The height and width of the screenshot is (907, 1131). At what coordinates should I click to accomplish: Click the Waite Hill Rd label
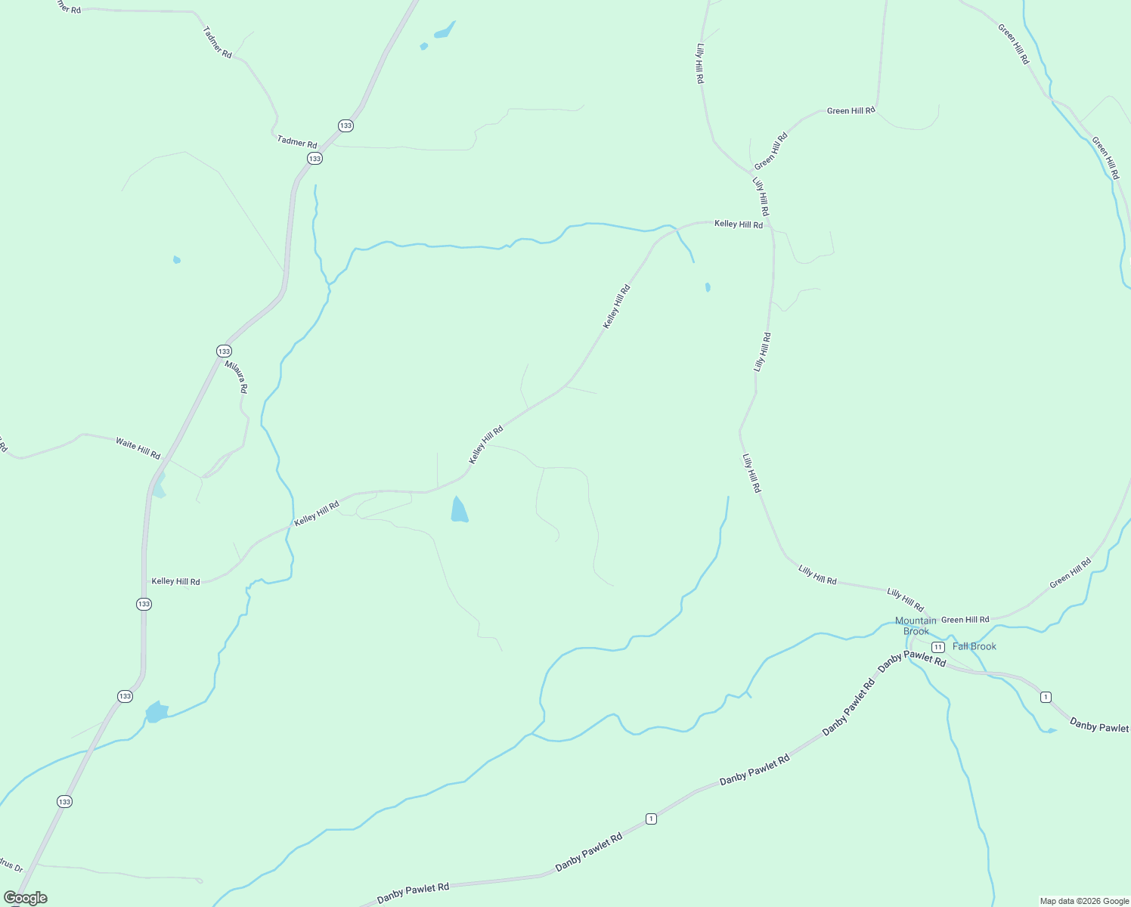coord(138,447)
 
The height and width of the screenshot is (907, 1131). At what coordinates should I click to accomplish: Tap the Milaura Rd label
coord(236,376)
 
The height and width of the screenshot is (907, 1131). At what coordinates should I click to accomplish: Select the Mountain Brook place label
coord(916,626)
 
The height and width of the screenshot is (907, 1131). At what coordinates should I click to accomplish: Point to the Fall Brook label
coord(975,646)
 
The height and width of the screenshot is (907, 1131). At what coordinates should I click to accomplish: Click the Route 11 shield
coord(937,647)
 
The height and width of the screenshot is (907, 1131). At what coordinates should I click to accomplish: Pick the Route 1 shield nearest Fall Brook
coord(1046,697)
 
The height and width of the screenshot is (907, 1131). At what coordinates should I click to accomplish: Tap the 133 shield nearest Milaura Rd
coord(224,351)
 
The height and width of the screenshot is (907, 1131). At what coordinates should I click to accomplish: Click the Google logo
coord(25,898)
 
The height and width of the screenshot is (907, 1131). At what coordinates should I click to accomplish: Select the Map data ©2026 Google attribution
coord(1083,901)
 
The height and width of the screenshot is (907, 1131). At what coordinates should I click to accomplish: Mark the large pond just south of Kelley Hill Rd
coord(459,511)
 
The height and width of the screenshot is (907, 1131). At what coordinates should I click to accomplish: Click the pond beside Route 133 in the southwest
coord(156,712)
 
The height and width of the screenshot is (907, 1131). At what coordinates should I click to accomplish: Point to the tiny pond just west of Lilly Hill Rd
coord(708,287)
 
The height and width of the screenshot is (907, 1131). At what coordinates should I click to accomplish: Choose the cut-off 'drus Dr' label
coord(12,865)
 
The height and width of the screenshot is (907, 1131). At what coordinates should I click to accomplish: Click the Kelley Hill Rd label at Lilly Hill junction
coord(739,224)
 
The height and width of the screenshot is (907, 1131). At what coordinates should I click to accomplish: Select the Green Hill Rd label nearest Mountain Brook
coord(965,620)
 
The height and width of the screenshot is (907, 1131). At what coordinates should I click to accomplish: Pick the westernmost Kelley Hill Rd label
coord(175,581)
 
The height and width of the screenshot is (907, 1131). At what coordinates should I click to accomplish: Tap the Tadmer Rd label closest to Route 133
coord(297,141)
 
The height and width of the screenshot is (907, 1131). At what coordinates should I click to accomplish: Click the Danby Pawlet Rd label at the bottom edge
coord(413,893)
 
